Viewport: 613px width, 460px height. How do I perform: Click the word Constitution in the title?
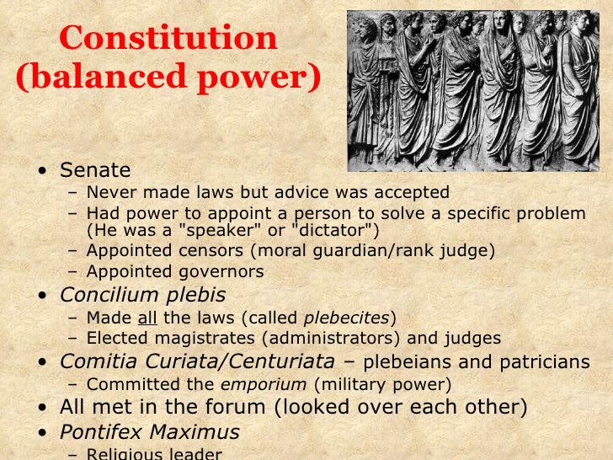pos(168,38)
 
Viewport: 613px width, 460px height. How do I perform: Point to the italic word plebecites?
pos(346,318)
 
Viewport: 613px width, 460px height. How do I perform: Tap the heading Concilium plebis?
pos(142,295)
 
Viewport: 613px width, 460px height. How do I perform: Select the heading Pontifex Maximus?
pos(149,432)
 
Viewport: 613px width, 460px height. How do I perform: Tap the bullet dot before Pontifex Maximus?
pos(42,434)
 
